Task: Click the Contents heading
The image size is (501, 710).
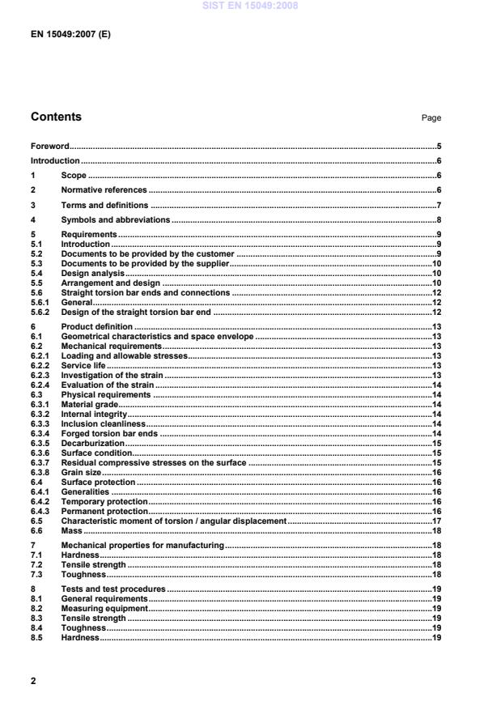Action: coord(56,117)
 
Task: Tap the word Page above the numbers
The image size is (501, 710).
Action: coord(431,118)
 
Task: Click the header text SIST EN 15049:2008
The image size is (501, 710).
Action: coord(250,6)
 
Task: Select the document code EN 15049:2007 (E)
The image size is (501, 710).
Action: coord(70,36)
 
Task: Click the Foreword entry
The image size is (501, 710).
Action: coord(50,147)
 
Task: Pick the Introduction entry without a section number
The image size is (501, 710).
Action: coord(55,161)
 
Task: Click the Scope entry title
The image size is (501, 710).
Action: coord(74,176)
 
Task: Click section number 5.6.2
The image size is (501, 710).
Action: coord(40,312)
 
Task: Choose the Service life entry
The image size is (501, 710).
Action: coord(83,365)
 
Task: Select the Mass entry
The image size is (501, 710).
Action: coord(71,531)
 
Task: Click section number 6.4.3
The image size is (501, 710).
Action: coord(40,512)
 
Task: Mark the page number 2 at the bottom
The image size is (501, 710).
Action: coord(33,681)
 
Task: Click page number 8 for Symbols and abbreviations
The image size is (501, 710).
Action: coord(438,219)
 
